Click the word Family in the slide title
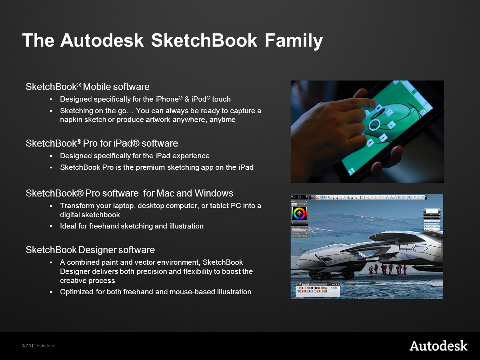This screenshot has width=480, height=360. click(x=293, y=40)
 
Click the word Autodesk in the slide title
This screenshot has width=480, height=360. click(x=102, y=40)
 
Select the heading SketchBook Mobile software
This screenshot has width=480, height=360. click(x=87, y=87)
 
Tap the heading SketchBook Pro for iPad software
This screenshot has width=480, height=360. click(x=102, y=143)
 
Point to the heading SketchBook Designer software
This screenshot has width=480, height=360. click(x=90, y=250)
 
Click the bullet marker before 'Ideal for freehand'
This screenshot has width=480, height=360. click(x=51, y=226)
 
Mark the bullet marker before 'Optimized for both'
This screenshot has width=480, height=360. click(x=51, y=292)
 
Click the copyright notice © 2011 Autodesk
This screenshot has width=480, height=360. click(x=38, y=346)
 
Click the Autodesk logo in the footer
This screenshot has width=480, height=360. click(x=439, y=346)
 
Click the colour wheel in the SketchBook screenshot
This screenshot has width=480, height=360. click(x=299, y=213)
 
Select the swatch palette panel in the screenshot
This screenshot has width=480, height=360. click(x=318, y=290)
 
